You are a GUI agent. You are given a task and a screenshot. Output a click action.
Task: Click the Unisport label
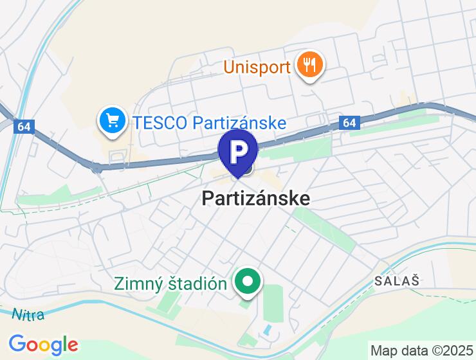point(257,67)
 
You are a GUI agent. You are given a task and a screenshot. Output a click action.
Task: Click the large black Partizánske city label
point(255,198)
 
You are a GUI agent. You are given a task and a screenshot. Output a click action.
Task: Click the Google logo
point(43,344)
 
